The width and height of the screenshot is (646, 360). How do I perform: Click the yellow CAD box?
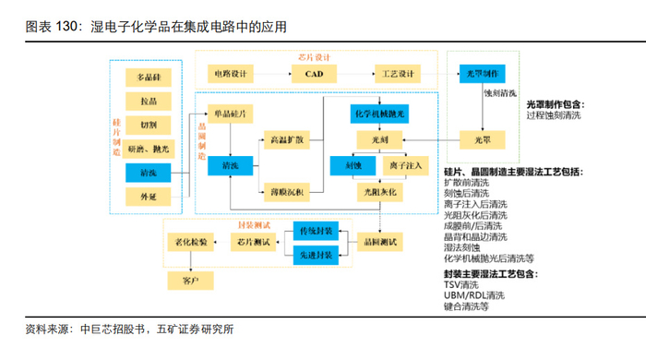pos(314,74)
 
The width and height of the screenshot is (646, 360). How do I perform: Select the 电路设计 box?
pos(231,74)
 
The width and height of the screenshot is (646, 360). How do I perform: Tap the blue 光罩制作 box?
pos(482,74)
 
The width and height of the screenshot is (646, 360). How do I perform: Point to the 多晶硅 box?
pos(149,78)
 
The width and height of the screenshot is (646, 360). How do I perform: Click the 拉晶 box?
pos(149,102)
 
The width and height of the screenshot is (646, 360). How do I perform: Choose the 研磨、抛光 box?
pos(149,150)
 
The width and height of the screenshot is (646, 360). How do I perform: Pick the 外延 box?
pos(149,197)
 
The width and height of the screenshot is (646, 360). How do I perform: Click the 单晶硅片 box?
pos(231,114)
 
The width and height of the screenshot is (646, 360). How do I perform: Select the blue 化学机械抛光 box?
pos(379,114)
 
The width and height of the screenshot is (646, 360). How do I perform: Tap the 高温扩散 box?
pos(287,140)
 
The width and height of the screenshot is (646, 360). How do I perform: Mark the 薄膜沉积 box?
pos(287,192)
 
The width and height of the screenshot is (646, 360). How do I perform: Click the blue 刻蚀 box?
pos(353,166)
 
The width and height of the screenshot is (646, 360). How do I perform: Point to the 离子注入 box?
pos(406,166)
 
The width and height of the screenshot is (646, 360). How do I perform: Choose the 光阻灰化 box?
pos(379,192)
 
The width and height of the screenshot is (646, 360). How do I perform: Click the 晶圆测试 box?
pos(379,242)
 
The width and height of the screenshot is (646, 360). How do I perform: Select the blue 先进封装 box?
pos(316,256)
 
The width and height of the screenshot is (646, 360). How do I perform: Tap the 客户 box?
pos(190,281)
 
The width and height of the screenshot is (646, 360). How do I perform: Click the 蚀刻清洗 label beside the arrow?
pos(500,93)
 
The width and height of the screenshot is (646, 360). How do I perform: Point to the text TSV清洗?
pos(461,285)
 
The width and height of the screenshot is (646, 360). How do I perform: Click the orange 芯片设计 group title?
pos(314,57)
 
